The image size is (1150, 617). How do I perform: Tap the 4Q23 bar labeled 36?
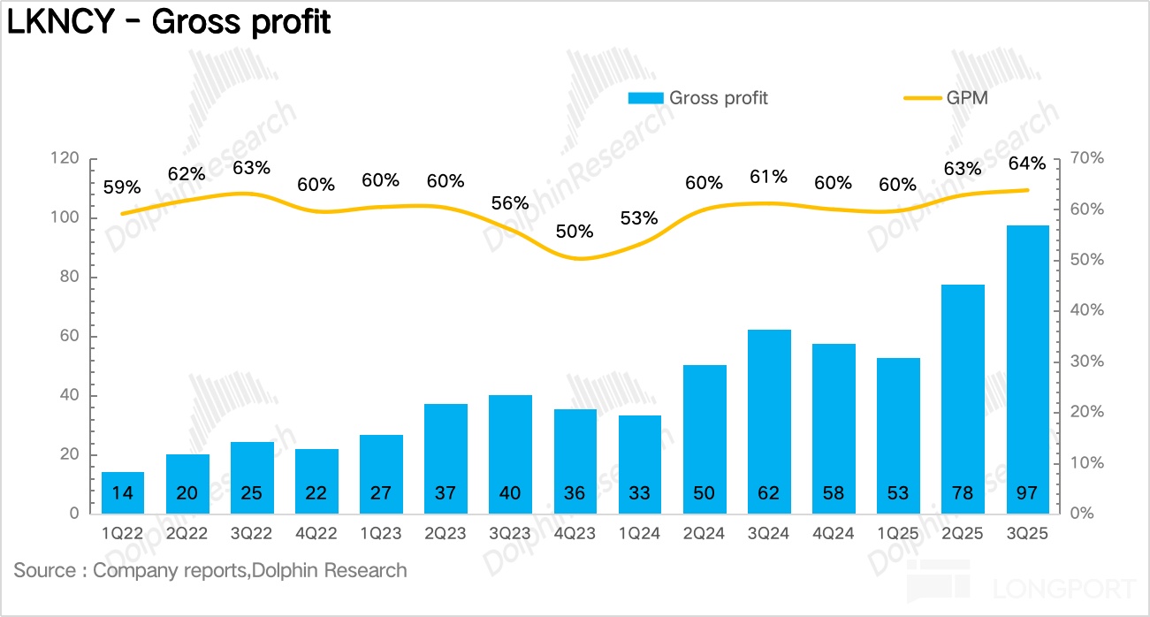click(x=575, y=461)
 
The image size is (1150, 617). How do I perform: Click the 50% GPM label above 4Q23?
click(x=575, y=232)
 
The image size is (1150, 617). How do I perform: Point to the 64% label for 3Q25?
click(x=1027, y=164)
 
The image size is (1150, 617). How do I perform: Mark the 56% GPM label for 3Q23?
click(x=510, y=202)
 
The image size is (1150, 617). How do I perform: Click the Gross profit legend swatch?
click(x=645, y=98)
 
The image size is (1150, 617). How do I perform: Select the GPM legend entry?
click(x=946, y=98)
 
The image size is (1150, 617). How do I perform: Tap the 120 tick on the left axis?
click(x=65, y=159)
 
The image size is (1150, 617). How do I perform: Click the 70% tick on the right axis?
click(x=1086, y=159)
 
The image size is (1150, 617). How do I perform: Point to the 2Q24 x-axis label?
click(x=704, y=535)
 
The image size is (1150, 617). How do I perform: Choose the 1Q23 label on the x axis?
click(x=380, y=535)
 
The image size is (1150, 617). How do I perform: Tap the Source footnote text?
click(x=210, y=570)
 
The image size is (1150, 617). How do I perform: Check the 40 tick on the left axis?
click(x=69, y=395)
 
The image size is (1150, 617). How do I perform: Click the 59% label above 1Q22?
click(x=122, y=187)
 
